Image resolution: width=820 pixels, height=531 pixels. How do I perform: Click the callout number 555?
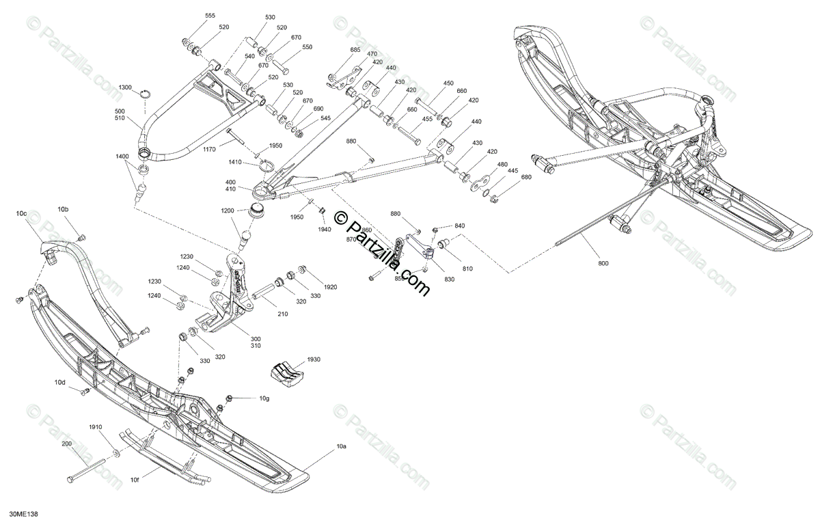click(x=210, y=15)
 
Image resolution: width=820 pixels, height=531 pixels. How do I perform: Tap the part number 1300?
click(x=126, y=88)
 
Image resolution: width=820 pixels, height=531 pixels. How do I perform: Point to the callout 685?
click(x=354, y=50)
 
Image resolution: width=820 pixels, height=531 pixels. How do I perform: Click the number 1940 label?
click(x=324, y=230)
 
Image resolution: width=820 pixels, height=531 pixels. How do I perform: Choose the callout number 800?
click(x=602, y=263)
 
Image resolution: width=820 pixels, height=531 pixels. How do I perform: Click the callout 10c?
click(x=21, y=215)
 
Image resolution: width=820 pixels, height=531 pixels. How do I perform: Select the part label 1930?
click(x=313, y=359)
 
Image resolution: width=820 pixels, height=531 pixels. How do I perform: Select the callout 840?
click(x=460, y=226)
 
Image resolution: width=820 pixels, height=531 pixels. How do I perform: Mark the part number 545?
click(x=325, y=118)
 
